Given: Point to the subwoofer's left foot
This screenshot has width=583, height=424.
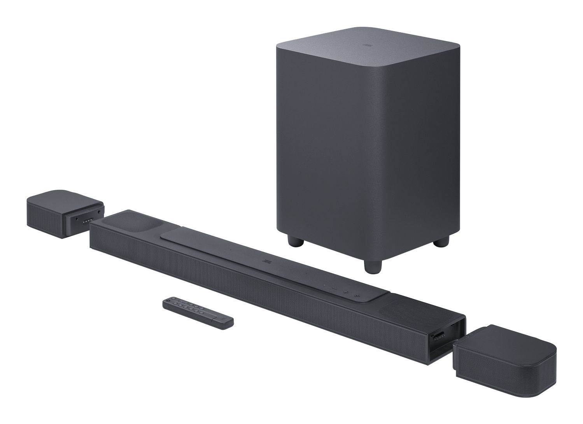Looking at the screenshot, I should [296, 241].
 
